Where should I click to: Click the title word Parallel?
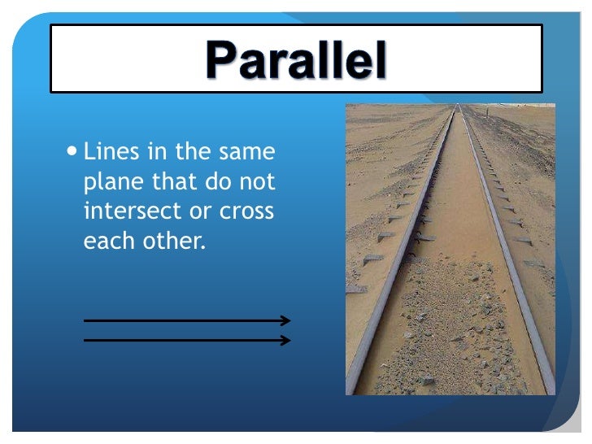pyautogui.click(x=297, y=59)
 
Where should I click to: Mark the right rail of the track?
pyautogui.click(x=509, y=268)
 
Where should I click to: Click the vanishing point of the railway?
pyautogui.click(x=459, y=107)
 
